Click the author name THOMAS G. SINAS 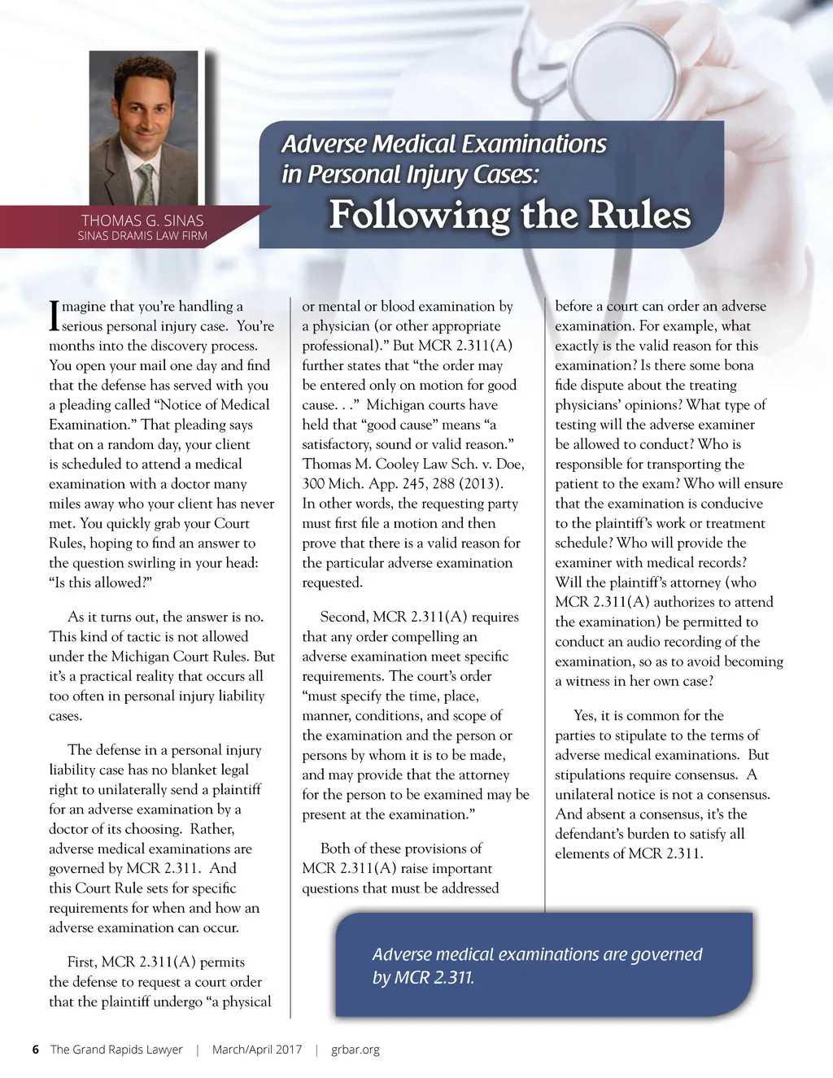point(142,220)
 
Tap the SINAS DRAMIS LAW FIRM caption point(142,236)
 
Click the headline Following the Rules point(510,215)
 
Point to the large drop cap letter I point(54,316)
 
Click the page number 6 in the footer point(35,1050)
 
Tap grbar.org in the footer point(355,1050)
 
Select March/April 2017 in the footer point(257,1050)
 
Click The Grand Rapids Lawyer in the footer point(116,1050)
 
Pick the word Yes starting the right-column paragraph point(584,715)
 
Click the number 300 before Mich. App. point(314,483)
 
